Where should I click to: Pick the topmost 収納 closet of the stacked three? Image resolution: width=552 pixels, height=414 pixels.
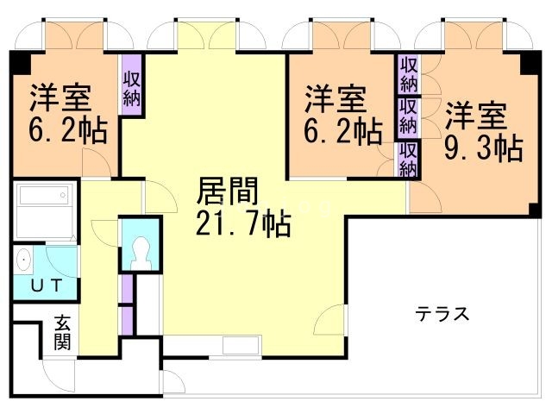[x=409, y=75]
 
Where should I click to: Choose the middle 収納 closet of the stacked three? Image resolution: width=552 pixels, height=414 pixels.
[x=409, y=116]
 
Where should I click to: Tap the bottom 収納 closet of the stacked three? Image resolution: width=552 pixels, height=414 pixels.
[x=409, y=159]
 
